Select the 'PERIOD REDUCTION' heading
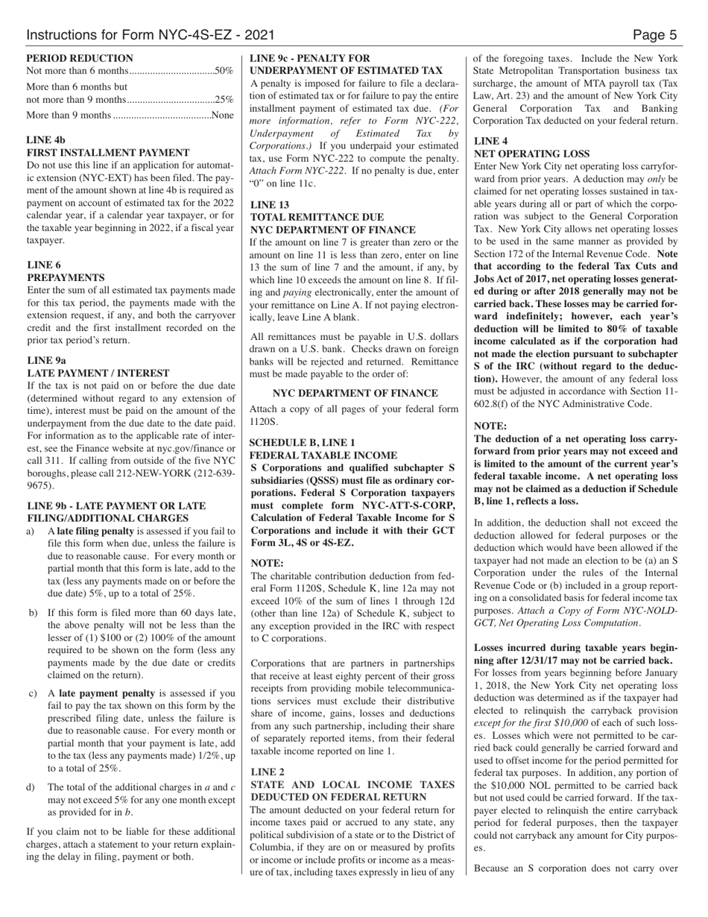80,58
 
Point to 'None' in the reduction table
222,115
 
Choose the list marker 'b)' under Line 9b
33,613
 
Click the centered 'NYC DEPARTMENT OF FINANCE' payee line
355,393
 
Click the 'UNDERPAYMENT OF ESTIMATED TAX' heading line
347,70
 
